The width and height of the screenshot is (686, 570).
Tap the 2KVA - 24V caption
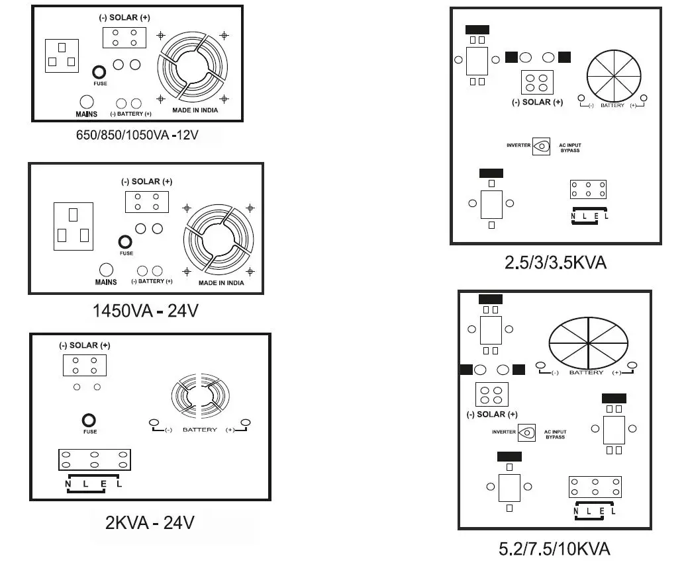tap(150, 522)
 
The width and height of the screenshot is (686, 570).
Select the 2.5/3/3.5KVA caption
tap(556, 263)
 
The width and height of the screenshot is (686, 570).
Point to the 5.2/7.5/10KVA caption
tap(554, 548)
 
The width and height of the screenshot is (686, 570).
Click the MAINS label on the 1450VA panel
tap(105, 282)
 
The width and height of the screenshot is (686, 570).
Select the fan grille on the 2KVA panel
tap(199, 397)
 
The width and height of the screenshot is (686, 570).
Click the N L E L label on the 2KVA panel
tap(93, 484)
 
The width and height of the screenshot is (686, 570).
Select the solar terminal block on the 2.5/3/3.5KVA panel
tap(537, 83)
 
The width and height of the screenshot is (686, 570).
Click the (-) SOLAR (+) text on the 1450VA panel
tap(147, 181)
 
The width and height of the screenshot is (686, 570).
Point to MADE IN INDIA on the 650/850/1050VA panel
tap(195, 110)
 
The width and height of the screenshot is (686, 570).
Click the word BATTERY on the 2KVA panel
tap(199, 430)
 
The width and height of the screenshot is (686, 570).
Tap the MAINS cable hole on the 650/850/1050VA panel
tap(87, 102)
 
